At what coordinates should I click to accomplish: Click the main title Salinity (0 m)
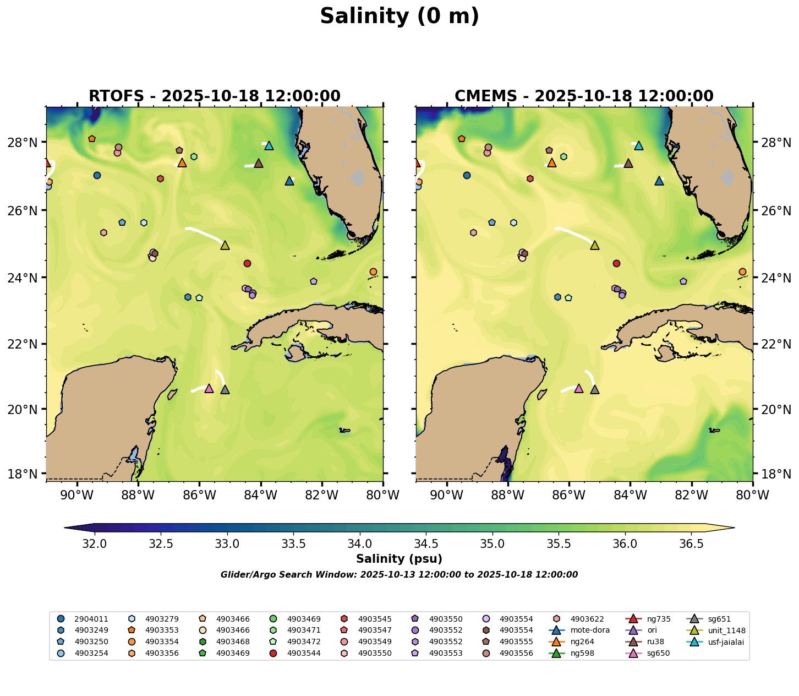(x=399, y=17)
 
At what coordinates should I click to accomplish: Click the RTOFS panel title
(x=215, y=96)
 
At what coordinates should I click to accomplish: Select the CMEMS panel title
(x=584, y=96)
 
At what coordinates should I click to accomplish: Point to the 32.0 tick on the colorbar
(x=95, y=544)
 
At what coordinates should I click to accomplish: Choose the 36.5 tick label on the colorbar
(x=691, y=544)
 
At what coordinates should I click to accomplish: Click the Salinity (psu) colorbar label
(x=399, y=559)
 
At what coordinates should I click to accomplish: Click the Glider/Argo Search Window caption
(x=399, y=575)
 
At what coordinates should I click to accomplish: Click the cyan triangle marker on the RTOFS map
(x=269, y=145)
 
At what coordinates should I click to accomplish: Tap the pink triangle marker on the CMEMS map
(x=579, y=388)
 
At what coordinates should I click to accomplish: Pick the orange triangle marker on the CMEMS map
(x=552, y=162)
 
